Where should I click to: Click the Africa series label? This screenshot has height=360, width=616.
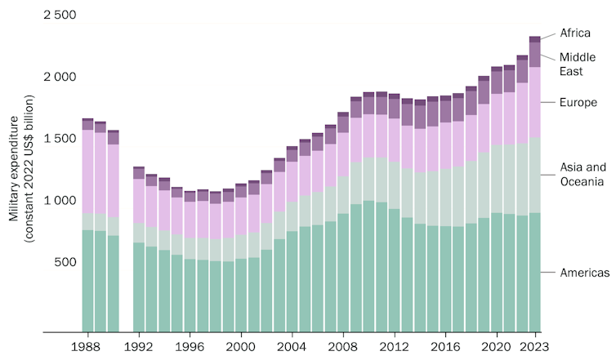point(575,33)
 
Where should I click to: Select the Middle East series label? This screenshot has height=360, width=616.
point(577,64)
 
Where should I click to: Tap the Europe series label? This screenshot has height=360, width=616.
point(578,102)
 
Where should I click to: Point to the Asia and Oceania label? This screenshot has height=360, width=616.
point(582,174)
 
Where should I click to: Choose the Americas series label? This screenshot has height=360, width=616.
point(584,273)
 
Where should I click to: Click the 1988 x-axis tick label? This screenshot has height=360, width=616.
point(87,347)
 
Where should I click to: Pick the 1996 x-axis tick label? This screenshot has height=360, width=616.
point(190,347)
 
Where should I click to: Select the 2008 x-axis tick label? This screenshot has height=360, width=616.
point(343,347)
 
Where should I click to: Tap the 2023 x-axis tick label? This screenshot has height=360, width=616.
point(535,347)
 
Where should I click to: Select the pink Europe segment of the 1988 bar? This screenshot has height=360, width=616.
point(87,171)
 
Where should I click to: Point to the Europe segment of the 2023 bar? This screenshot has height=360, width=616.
point(535,102)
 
